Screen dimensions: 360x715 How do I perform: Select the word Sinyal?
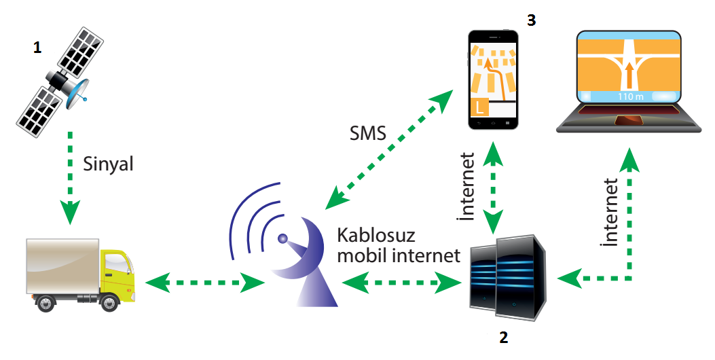pos(109,164)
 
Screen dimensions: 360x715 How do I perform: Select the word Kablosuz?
pos(375,236)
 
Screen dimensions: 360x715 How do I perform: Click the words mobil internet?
pos(399,256)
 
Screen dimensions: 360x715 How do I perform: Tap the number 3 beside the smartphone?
pos(531,20)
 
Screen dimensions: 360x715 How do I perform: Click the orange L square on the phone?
pos(480,107)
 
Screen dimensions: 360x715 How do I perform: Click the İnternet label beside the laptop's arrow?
pos(610,212)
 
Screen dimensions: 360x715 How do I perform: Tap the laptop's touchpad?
pos(629,120)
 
